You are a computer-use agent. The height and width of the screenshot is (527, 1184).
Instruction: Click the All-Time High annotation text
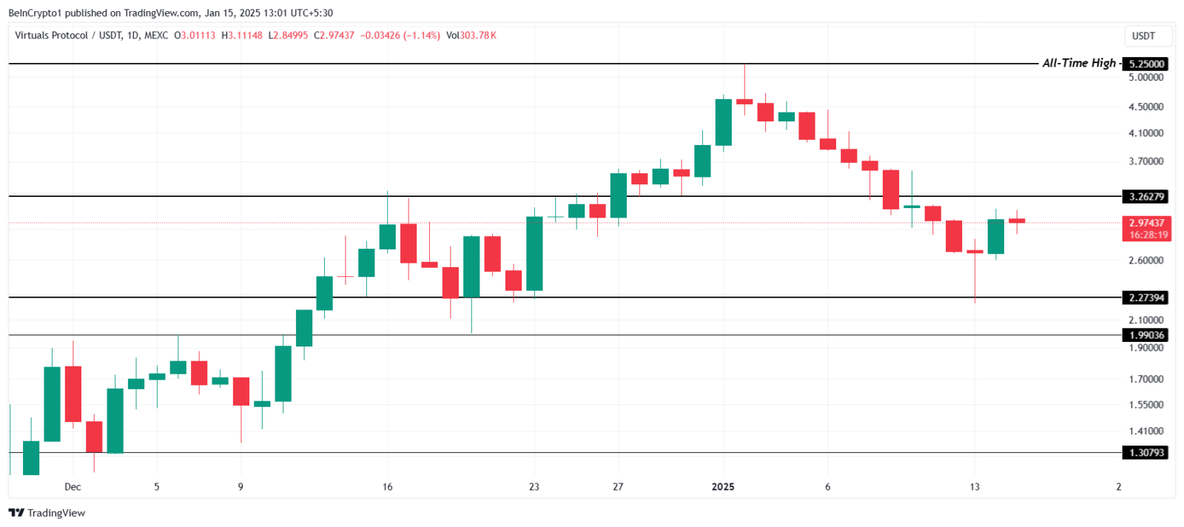pyautogui.click(x=1079, y=64)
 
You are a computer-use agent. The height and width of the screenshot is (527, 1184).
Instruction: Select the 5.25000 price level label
pyautogui.click(x=1146, y=64)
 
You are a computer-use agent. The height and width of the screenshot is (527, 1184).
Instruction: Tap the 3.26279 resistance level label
pyautogui.click(x=1146, y=197)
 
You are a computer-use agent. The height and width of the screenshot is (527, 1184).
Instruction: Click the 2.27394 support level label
pyautogui.click(x=1146, y=298)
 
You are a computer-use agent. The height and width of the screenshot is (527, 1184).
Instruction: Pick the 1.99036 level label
pyautogui.click(x=1146, y=335)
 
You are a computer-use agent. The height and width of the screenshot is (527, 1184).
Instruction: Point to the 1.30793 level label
pyautogui.click(x=1146, y=452)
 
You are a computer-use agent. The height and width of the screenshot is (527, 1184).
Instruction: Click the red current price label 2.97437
pyautogui.click(x=1146, y=223)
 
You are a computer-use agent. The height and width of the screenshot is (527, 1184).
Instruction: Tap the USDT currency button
pyautogui.click(x=1143, y=36)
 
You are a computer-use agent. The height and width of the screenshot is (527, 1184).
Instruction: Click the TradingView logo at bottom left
pyautogui.click(x=47, y=513)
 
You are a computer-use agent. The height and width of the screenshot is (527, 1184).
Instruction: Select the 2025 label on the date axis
pyautogui.click(x=723, y=487)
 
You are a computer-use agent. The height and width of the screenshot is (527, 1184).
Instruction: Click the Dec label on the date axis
pyautogui.click(x=73, y=487)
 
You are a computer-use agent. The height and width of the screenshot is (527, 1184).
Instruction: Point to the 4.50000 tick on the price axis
pyautogui.click(x=1146, y=107)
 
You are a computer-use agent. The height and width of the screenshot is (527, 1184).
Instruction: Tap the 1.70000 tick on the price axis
pyautogui.click(x=1146, y=379)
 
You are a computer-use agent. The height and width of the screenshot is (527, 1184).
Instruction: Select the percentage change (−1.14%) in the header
pyautogui.click(x=421, y=36)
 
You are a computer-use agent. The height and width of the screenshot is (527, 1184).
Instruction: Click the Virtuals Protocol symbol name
pyautogui.click(x=51, y=36)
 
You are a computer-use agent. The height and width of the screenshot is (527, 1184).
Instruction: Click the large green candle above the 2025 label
pyautogui.click(x=724, y=122)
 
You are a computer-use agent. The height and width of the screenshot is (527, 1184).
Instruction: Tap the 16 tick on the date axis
pyautogui.click(x=388, y=487)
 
